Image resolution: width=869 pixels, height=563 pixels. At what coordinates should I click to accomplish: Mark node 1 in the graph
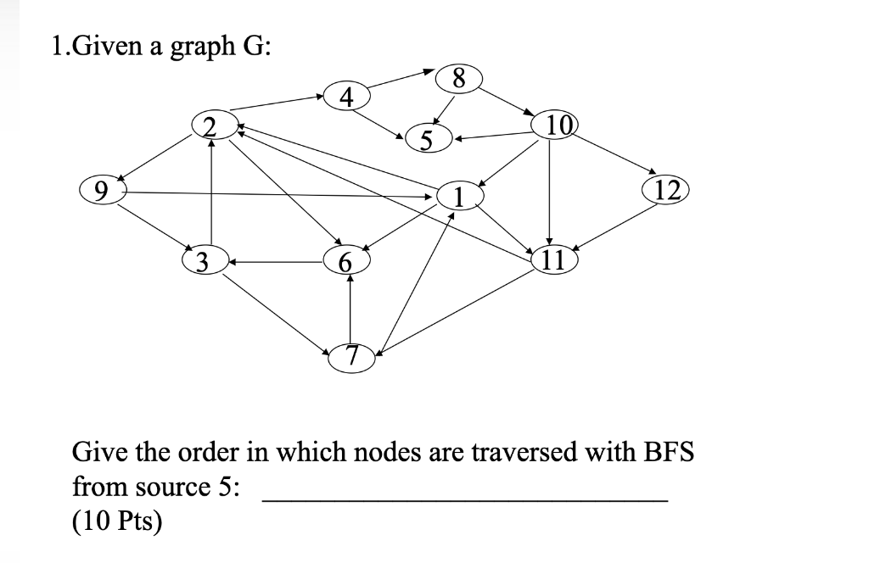point(459,197)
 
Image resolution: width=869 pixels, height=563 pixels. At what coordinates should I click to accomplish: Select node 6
point(345,260)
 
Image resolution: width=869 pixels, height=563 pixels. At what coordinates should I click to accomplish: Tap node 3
point(204,259)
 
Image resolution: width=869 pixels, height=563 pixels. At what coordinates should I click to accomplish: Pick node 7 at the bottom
point(352,356)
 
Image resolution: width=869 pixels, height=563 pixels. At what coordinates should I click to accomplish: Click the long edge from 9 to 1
point(280,194)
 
